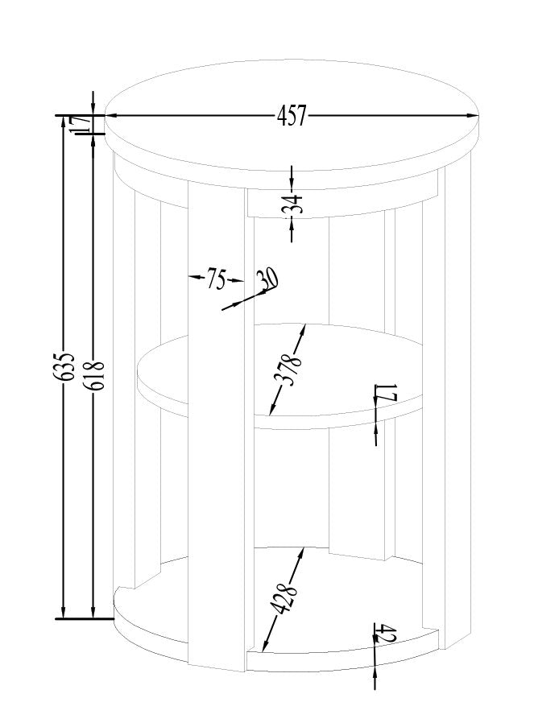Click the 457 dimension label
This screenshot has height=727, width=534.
292,116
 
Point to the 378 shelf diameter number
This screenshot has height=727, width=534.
289,369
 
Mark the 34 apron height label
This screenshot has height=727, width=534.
297,204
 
